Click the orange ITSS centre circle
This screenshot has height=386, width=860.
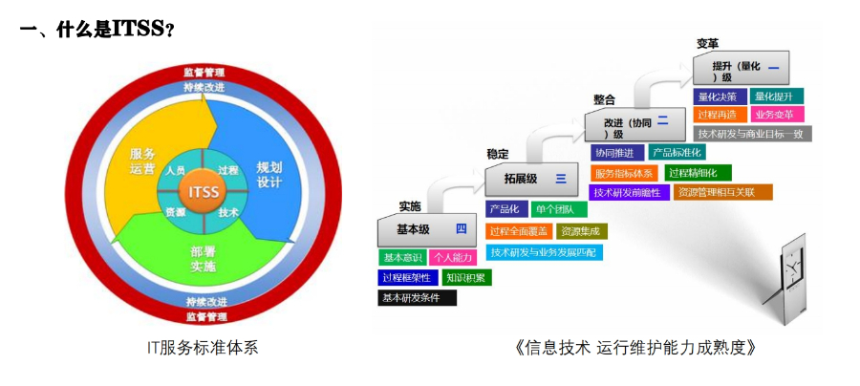coord(204,191)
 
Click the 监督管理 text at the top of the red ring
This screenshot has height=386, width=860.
coord(204,73)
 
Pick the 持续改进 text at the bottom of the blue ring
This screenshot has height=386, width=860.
coord(204,301)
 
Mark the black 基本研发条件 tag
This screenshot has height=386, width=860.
coord(417,298)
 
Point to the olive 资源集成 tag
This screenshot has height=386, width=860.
coord(581,231)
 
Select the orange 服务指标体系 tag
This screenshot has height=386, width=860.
coord(624,173)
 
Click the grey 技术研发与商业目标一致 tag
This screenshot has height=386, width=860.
coord(753,134)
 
